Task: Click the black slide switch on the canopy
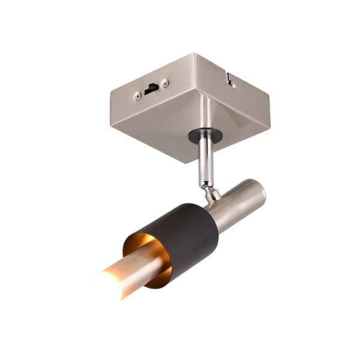coord(151,88)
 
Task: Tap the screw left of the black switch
coord(137,94)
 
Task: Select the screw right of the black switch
coord(166,83)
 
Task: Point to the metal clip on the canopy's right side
coord(229,79)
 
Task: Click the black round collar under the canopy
coord(205,136)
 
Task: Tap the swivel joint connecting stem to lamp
coord(211,193)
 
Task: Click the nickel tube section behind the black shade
coord(237,204)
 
